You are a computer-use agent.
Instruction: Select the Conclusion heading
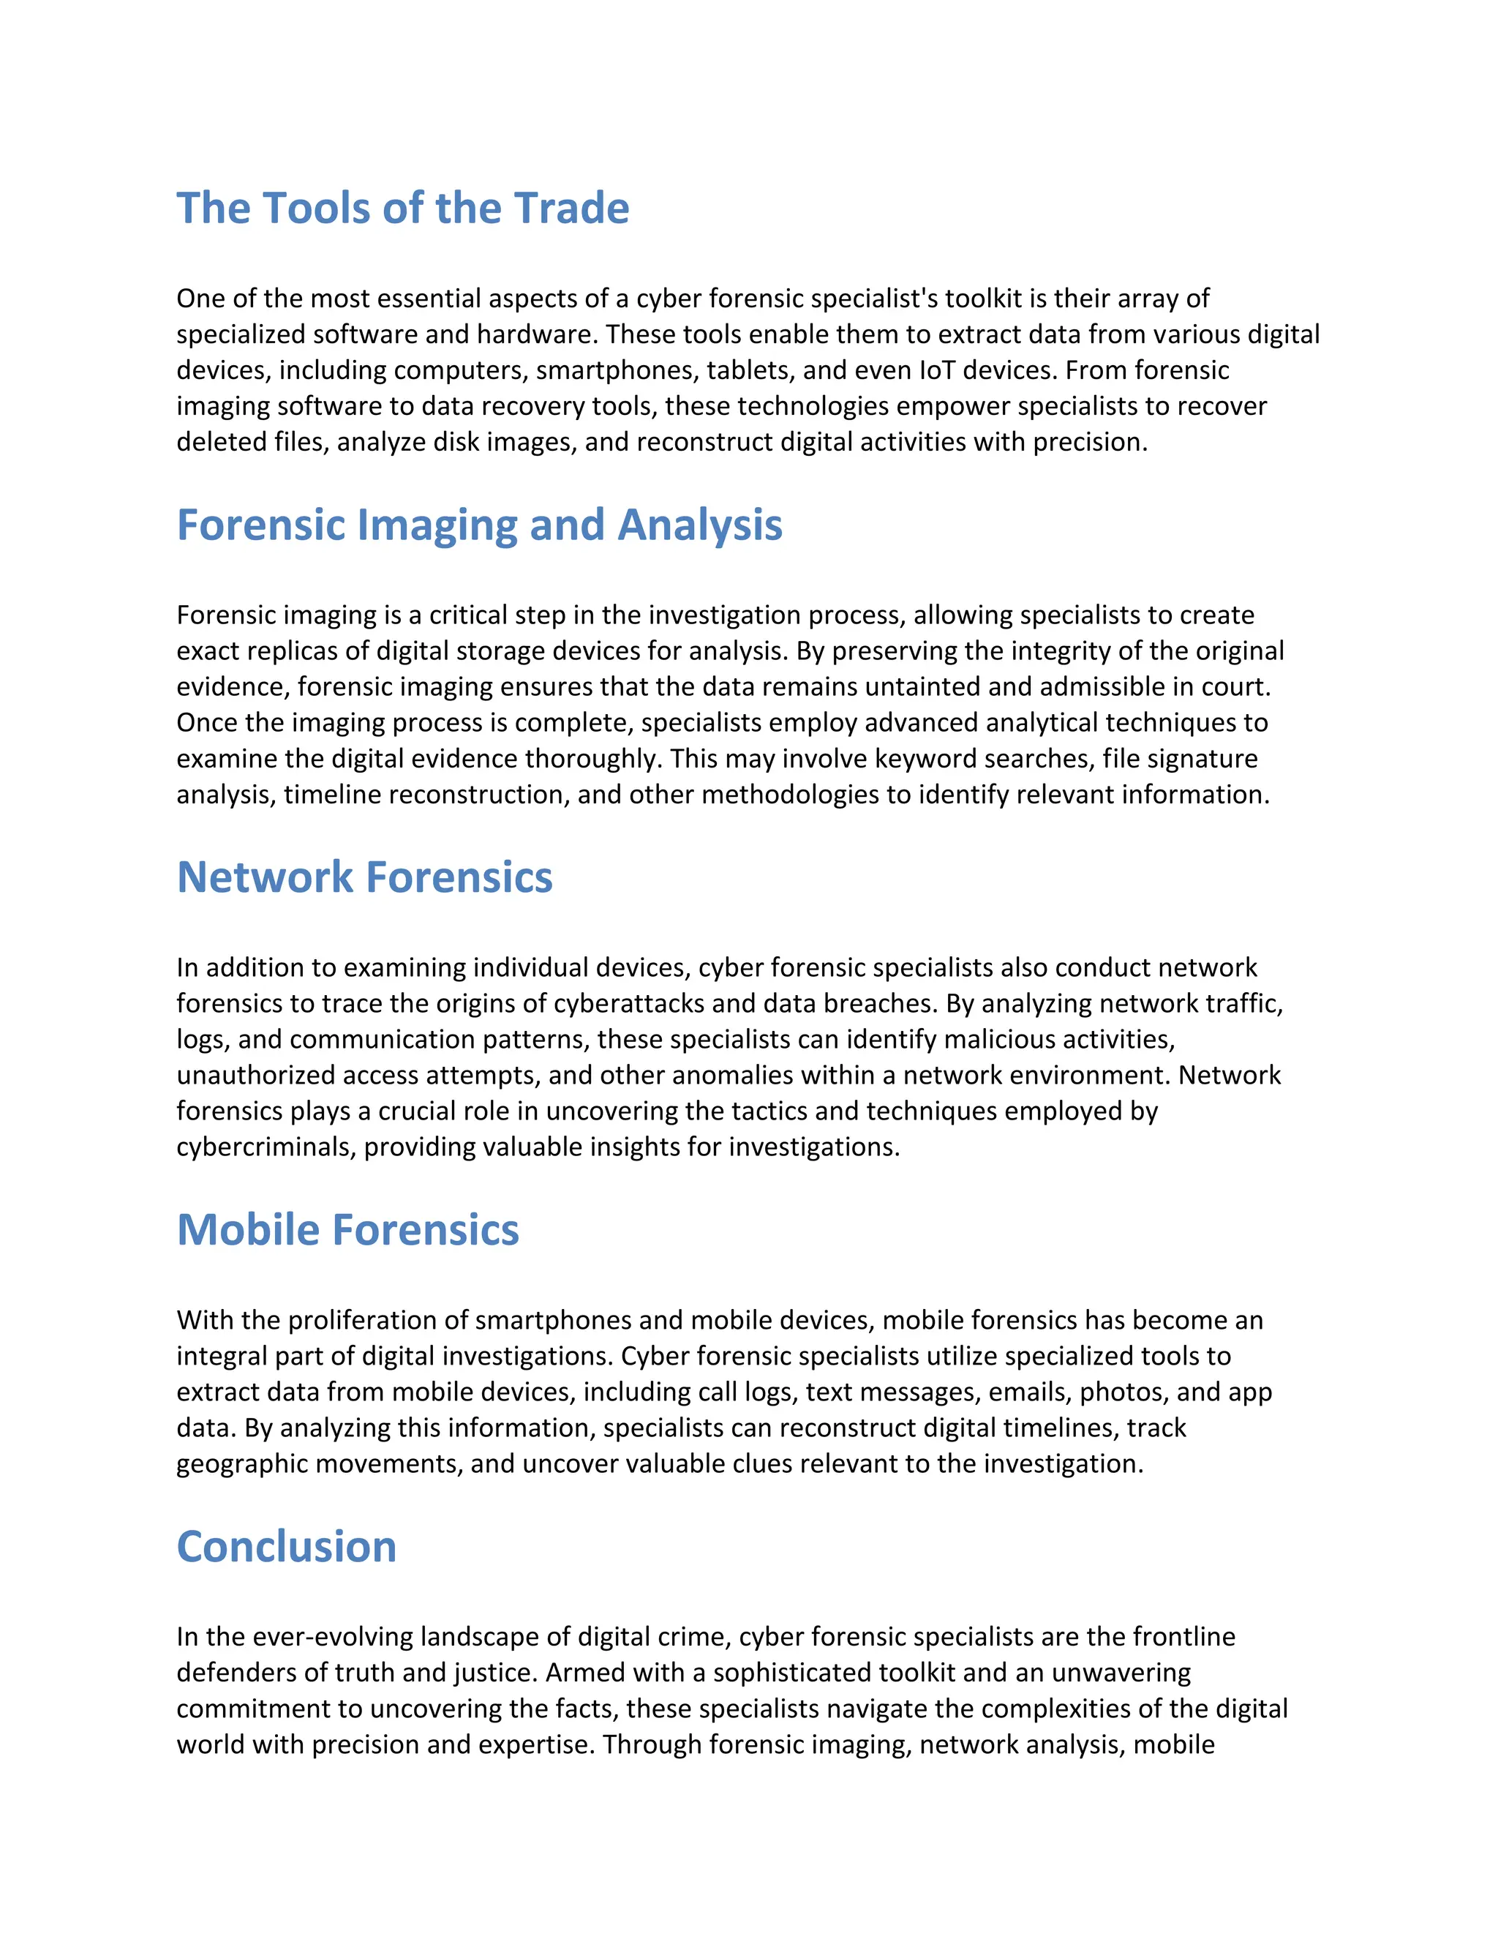tap(286, 1547)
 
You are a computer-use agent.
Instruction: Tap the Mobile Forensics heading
tap(348, 1230)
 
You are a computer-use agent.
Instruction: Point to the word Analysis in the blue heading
tap(700, 525)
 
